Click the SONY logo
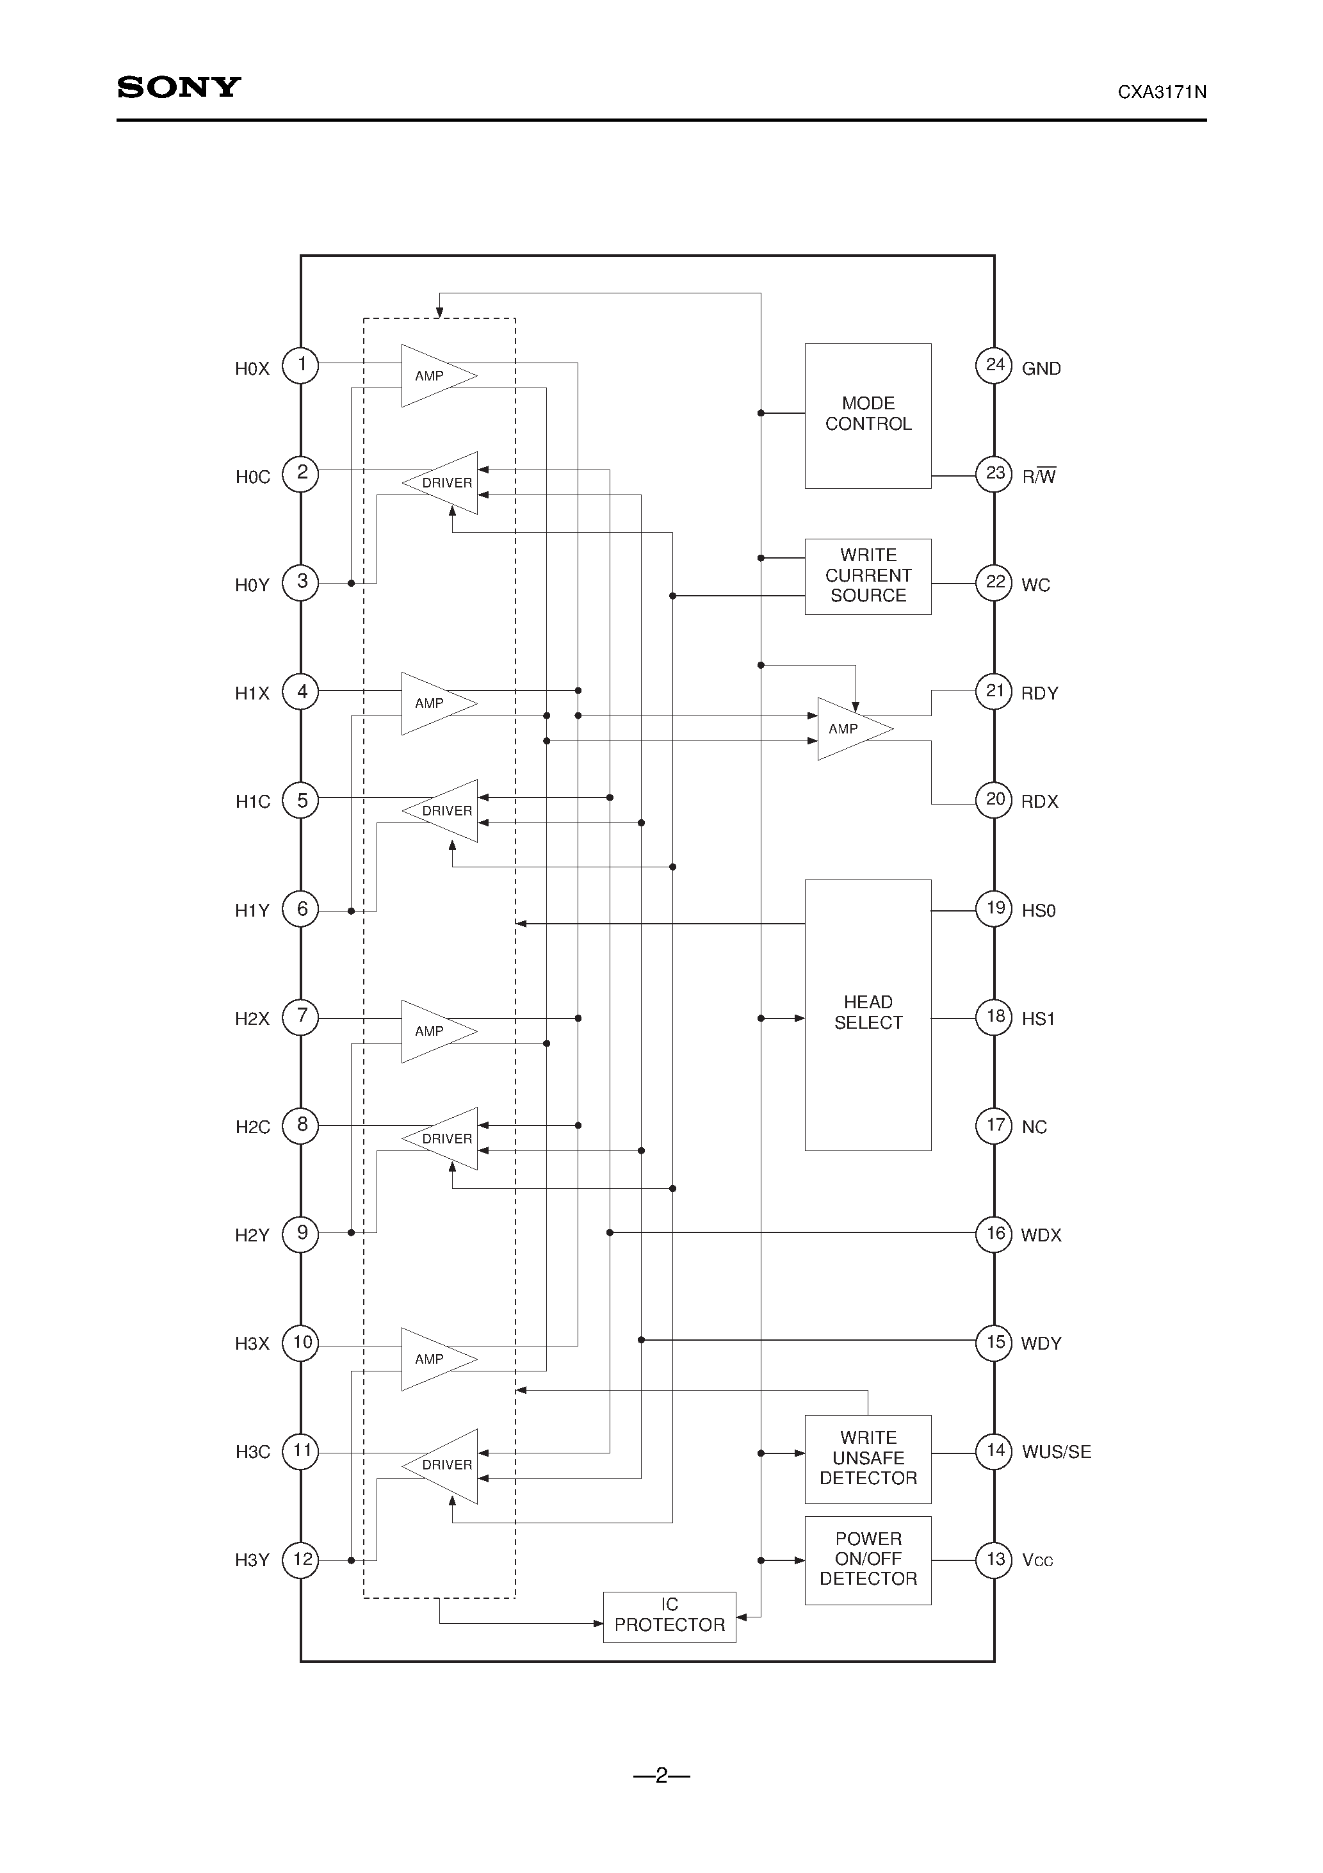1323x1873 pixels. coord(179,86)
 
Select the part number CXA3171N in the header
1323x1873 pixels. coord(1162,92)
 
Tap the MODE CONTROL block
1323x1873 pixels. coord(868,415)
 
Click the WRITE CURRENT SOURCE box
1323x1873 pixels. coord(868,576)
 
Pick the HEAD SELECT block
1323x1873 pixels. coord(868,1014)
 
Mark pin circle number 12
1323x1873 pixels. coord(301,1560)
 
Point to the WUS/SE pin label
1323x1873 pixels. coord(1056,1452)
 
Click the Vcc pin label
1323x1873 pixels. coord(1037,1560)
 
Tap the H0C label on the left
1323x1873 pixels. coord(252,477)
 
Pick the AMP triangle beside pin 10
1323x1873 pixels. coord(434,1359)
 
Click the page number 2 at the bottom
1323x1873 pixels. coord(661,1774)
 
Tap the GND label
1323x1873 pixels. coord(1041,369)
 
